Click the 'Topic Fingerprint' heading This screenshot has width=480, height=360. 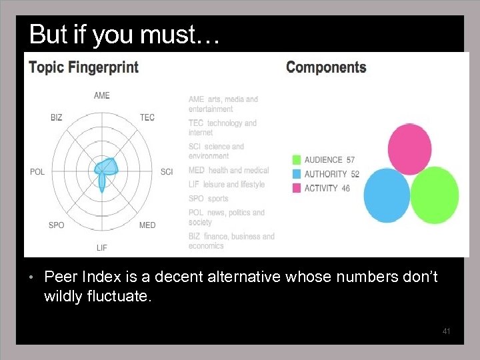coord(83,67)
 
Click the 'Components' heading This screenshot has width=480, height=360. coord(326,67)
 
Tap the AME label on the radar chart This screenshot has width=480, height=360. coord(101,95)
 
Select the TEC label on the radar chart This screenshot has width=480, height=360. coord(147,117)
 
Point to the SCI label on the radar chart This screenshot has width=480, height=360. coord(167,172)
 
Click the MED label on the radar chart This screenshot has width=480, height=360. coord(147,225)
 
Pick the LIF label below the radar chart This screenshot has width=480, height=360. coord(101,247)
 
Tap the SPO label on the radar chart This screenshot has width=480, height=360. coord(57,225)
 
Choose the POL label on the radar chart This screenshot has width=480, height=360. coord(37,172)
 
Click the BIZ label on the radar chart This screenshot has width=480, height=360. coord(56,117)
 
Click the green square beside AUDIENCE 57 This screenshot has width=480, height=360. coord(296,160)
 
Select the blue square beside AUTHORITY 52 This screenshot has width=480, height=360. coord(296,174)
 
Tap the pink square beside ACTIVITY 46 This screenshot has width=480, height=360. coord(296,188)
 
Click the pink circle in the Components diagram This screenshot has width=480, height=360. coord(409,148)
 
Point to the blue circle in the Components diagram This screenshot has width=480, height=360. coord(387,195)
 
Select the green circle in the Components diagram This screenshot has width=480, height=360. coord(435,195)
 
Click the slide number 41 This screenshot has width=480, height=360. coord(447,331)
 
